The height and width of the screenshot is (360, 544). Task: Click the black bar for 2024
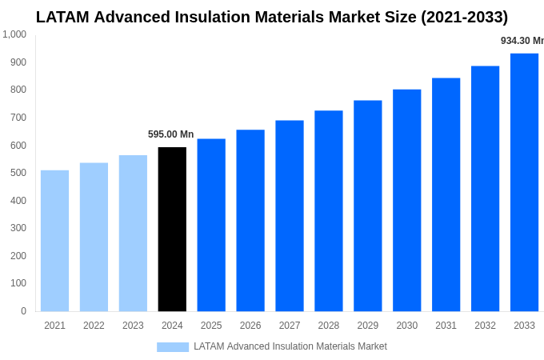coord(172,230)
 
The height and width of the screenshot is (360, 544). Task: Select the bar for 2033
coord(524,182)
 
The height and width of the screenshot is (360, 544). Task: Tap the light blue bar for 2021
coord(54,241)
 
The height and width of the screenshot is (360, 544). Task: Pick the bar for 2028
coord(328,211)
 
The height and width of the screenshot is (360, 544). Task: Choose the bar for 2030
coord(406,200)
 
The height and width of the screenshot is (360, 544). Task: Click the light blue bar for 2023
coord(133,234)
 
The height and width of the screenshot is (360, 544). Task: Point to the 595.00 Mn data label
coord(170,134)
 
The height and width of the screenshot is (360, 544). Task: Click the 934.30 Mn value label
coord(522,41)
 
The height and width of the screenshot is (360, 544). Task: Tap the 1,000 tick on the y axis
coord(14,34)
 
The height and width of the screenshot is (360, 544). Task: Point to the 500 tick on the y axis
coord(18,173)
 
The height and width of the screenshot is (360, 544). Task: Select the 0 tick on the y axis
coord(23,311)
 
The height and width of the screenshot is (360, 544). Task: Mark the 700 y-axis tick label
coord(18,118)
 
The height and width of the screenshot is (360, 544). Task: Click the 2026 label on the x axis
coord(250,326)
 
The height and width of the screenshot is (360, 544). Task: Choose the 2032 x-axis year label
coord(485,326)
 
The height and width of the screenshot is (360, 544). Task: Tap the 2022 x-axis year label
coord(94,326)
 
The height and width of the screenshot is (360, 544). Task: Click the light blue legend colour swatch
coord(172,347)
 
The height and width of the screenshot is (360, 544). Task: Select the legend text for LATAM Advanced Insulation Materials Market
coord(290,346)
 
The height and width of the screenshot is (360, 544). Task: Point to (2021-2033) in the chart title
coord(464,17)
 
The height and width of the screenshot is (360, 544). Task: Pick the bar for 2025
coord(211,225)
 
